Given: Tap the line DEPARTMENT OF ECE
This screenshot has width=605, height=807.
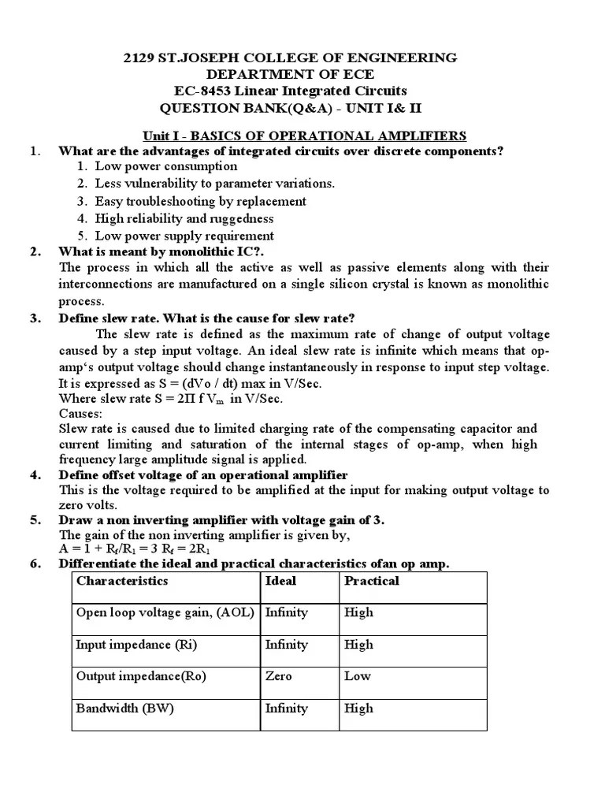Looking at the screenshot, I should [x=291, y=75].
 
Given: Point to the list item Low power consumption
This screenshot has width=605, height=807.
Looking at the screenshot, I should [x=165, y=166].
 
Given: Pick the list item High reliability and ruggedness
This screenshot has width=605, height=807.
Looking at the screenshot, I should [x=184, y=218].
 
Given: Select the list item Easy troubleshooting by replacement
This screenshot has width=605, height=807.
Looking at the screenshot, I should [x=200, y=201].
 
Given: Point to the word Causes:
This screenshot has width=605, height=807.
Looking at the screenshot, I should [x=81, y=414].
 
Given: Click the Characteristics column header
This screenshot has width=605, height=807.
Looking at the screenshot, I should [x=122, y=581].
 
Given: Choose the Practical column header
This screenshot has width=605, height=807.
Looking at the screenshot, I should [x=372, y=581].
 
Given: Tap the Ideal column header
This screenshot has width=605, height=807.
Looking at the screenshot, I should [x=281, y=581].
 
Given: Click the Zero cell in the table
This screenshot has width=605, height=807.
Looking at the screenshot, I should [x=278, y=676].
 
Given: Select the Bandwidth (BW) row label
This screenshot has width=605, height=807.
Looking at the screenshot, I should [x=124, y=708].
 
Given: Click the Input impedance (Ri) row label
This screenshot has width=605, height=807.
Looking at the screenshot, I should [x=135, y=645].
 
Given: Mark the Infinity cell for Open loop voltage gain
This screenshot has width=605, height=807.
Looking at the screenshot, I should [x=287, y=612].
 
